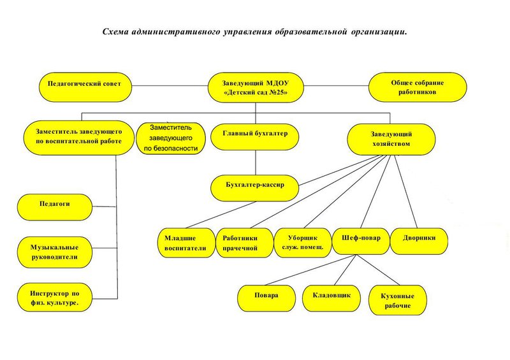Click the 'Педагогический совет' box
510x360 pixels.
click(x=85, y=87)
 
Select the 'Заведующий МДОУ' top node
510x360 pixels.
click(x=256, y=87)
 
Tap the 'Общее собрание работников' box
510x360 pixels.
click(x=418, y=87)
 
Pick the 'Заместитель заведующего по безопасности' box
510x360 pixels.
click(x=171, y=138)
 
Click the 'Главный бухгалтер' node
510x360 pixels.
click(x=254, y=136)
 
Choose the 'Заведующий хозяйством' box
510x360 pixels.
click(x=391, y=140)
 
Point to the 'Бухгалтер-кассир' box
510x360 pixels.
click(x=254, y=188)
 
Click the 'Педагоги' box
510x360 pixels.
click(x=55, y=207)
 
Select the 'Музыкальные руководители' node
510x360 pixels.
click(x=55, y=252)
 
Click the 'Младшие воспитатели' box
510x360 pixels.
click(x=187, y=243)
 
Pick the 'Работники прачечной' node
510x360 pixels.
click(x=245, y=243)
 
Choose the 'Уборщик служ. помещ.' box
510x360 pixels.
click(x=303, y=243)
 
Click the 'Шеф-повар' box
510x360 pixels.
click(x=361, y=241)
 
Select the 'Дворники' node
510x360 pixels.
click(x=419, y=241)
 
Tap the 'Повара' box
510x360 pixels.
click(x=266, y=299)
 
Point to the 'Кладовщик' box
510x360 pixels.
click(x=331, y=299)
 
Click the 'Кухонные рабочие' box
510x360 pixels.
click(x=398, y=301)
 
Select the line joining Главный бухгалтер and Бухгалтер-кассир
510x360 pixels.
click(x=256, y=162)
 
